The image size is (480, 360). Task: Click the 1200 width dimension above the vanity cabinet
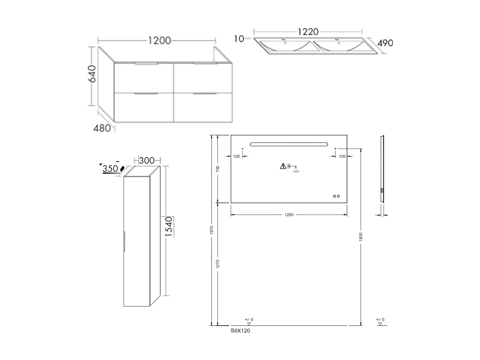(159, 40)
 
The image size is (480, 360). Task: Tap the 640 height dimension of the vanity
(92, 74)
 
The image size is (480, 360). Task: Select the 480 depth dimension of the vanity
(102, 129)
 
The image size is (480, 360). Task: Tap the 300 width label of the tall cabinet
(147, 160)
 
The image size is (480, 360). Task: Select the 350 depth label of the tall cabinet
(110, 169)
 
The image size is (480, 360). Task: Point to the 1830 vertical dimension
(361, 237)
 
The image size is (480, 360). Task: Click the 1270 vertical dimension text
(218, 264)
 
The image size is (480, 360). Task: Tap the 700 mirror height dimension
(218, 169)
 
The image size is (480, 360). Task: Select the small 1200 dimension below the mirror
(289, 215)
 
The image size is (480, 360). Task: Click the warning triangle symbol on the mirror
(283, 166)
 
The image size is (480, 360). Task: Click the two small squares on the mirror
(336, 196)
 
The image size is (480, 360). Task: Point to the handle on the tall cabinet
(125, 241)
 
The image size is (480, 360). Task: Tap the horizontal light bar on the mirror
(289, 144)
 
